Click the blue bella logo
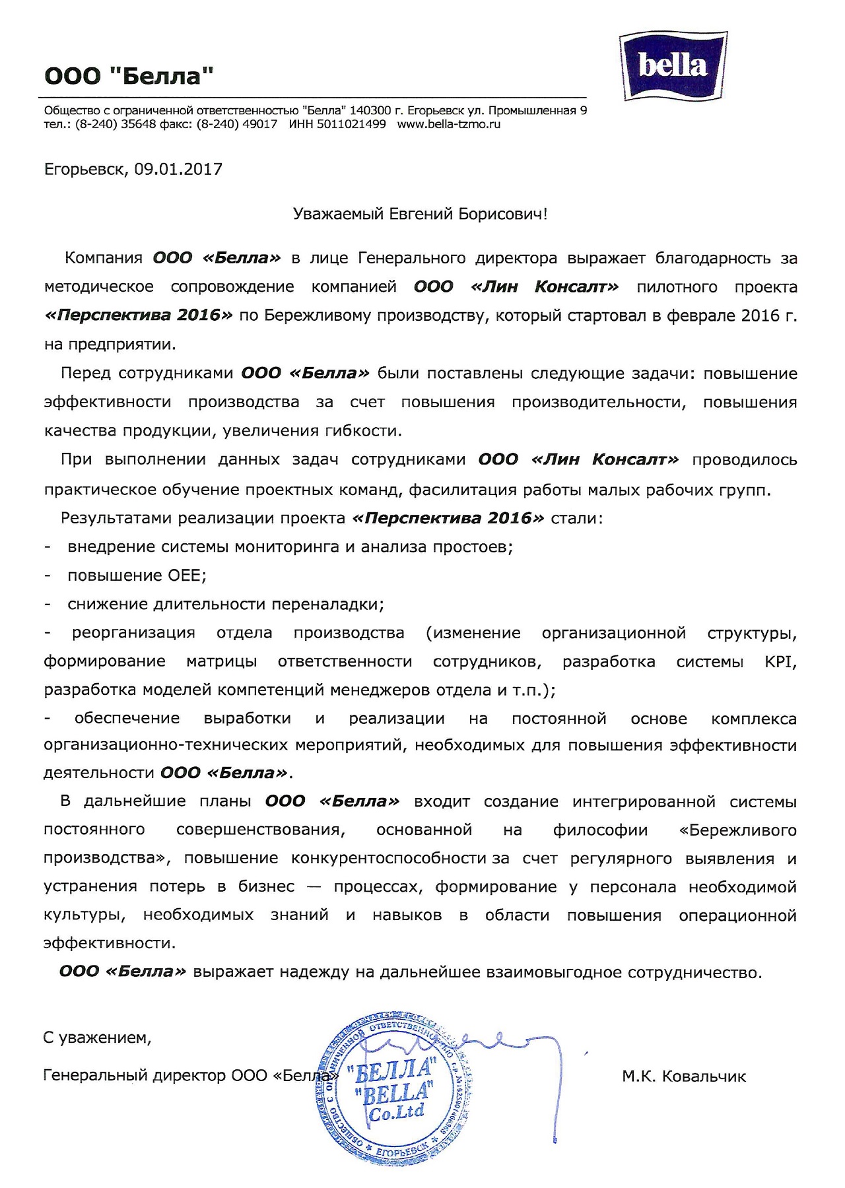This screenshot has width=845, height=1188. [x=673, y=66]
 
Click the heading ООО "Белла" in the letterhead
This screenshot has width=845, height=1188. [x=129, y=77]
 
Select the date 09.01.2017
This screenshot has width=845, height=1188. [x=178, y=170]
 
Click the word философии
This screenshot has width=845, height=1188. [x=600, y=830]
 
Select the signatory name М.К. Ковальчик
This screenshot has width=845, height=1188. [x=683, y=1076]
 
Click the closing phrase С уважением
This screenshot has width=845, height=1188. [x=97, y=1038]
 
